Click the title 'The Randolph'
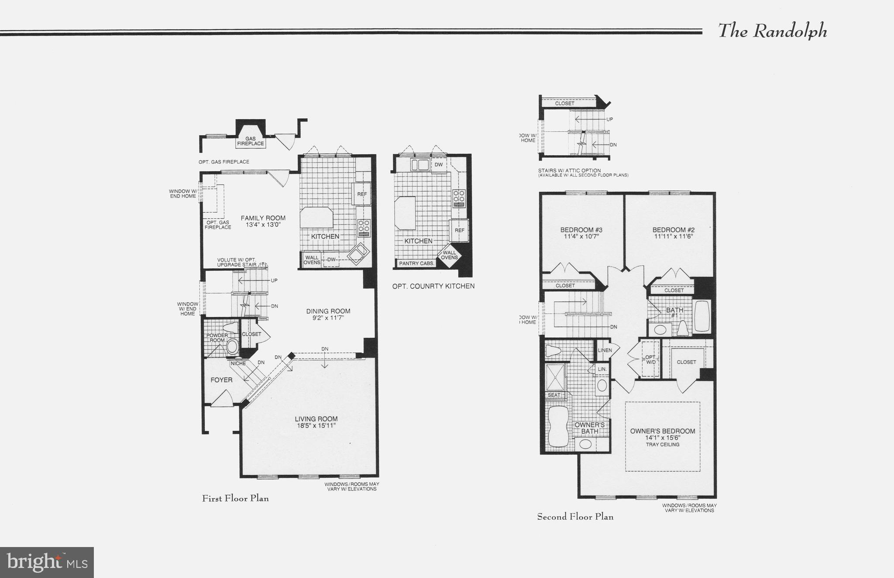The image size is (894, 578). click(x=772, y=31)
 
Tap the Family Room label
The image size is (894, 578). click(x=263, y=218)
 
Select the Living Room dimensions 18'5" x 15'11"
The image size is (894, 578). click(x=316, y=426)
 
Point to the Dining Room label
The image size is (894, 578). click(x=328, y=311)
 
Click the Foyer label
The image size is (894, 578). click(x=221, y=380)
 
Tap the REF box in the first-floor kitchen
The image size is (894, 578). click(x=362, y=194)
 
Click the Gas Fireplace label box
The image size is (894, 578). click(x=251, y=141)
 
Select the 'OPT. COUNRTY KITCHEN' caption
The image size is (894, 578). click(x=433, y=286)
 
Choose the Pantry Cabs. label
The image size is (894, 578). click(x=416, y=263)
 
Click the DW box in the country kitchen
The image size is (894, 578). click(x=439, y=165)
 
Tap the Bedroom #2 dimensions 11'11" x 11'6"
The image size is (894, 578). click(x=674, y=236)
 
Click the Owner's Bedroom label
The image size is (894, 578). click(x=662, y=431)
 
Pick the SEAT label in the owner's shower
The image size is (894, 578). click(x=554, y=395)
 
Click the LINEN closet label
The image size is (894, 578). click(x=605, y=350)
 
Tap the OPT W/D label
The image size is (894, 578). click(x=650, y=359)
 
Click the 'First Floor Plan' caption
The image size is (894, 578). click(x=235, y=498)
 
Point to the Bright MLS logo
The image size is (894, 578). click(x=47, y=562)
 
